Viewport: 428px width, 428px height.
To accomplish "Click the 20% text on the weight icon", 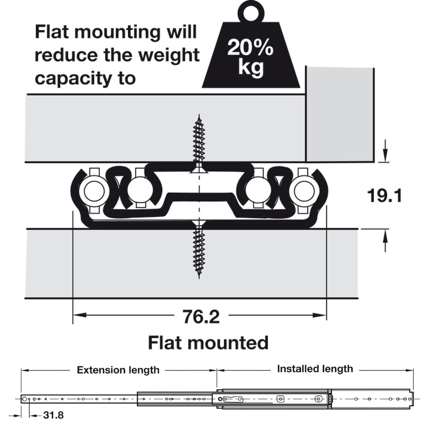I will [250, 48].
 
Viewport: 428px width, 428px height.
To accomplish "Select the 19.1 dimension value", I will [384, 196].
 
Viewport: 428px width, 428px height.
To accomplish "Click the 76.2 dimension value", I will [201, 316].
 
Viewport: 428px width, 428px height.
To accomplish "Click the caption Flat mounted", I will [208, 343].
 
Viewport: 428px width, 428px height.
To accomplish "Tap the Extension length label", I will [118, 370].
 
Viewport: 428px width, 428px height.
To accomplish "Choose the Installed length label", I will [315, 368].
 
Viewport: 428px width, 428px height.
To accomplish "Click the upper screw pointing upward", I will [199, 143].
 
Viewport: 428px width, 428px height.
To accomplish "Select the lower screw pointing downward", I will [199, 250].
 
